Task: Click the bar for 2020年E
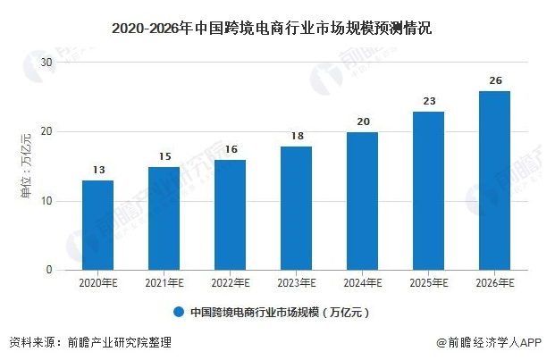tap(97, 225)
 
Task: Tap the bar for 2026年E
tap(494, 180)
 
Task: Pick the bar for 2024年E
tap(362, 201)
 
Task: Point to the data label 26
tap(494, 80)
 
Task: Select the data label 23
tap(428, 101)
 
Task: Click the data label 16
tap(230, 150)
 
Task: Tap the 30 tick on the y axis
tap(47, 63)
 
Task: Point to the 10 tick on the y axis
tap(47, 201)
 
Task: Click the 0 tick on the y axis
tap(50, 270)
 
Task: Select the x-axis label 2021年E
tap(164, 283)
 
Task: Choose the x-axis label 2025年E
tap(428, 283)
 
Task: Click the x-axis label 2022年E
tap(230, 283)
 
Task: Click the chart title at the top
tap(277, 29)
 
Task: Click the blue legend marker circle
tap(179, 313)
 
